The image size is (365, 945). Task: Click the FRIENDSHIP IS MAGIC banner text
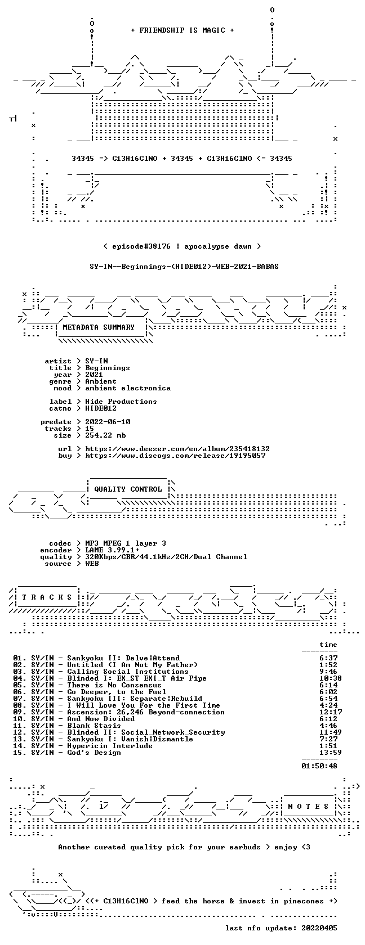point(182,30)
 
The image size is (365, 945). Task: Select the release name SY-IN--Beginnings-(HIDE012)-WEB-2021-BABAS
point(184,267)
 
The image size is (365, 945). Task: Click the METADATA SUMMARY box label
point(99,327)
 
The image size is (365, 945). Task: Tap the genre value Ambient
point(100,381)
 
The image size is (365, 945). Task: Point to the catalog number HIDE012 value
point(100,408)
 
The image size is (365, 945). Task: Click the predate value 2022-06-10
point(108,422)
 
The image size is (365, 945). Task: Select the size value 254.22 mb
point(106,435)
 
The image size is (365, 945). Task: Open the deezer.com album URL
point(177,449)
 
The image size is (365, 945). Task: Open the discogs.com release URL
point(175,456)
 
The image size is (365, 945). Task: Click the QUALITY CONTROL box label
point(128,489)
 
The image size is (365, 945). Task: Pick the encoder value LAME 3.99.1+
point(113,550)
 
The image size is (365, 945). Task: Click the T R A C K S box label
point(47,597)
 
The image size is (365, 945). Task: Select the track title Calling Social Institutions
point(128,672)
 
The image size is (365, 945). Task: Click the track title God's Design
point(94,753)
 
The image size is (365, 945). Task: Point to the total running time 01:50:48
point(319,766)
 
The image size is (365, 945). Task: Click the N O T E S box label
point(309,807)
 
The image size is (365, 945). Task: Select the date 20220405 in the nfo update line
point(319,928)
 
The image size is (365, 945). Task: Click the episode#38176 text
point(141,246)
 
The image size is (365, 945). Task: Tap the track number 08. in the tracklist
point(20,705)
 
